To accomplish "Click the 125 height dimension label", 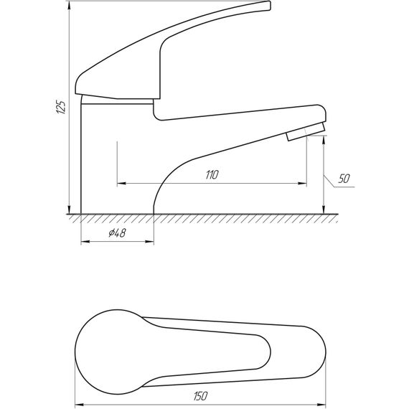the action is tap(61, 106).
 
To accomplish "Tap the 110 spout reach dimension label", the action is tap(212, 175).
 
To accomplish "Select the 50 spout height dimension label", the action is tap(344, 179).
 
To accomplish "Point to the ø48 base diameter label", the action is tap(118, 232).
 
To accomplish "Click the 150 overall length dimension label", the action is tap(201, 396).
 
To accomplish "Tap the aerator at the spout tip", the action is tap(306, 132).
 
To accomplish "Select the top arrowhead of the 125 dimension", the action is tap(69, 6).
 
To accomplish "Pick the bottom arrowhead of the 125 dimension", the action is tap(69, 210).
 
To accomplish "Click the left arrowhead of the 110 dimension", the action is tap(121, 184).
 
